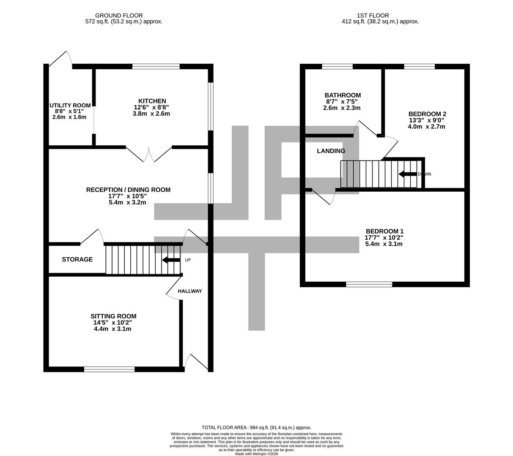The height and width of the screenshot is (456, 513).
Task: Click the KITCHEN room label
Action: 152,101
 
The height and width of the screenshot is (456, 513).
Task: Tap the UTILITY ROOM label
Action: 70,106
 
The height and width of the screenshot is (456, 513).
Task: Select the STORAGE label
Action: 77,259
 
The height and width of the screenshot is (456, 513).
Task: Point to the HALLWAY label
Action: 190,291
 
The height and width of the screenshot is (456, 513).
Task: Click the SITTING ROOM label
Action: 113,316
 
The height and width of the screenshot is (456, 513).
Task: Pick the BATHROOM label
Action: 343,95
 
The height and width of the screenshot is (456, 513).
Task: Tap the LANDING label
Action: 331,151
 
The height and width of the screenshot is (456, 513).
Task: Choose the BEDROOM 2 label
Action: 427,114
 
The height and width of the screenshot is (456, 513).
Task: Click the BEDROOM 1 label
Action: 384,231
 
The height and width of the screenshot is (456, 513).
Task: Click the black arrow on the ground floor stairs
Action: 171,260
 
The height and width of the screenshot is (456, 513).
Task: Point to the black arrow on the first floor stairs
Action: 408,174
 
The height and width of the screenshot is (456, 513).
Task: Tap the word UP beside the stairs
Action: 188,260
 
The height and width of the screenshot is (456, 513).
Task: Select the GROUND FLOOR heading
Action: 119,16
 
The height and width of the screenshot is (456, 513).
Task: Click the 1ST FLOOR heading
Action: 373,16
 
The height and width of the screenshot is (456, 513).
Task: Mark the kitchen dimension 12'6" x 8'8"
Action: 151,107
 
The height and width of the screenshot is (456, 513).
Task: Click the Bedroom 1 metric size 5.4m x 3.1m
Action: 384,244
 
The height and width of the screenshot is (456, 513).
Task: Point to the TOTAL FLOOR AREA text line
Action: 256,428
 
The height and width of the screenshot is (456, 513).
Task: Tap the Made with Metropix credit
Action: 256,454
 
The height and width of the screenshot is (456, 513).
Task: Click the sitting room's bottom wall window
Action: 110,369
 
